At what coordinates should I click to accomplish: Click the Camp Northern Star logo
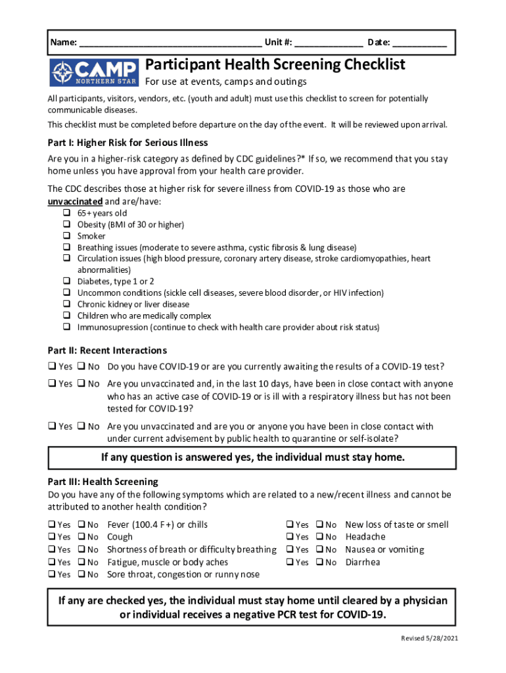94,72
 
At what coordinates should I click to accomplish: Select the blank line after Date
420,44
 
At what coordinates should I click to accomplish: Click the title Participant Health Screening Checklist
275,65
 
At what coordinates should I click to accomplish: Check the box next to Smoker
67,236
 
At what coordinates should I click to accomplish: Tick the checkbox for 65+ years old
67,213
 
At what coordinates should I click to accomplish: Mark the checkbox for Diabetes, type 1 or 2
67,281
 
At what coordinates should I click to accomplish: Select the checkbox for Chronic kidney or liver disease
67,304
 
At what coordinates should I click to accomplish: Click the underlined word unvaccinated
75,201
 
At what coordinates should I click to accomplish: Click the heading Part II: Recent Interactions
107,350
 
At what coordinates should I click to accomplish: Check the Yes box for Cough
52,537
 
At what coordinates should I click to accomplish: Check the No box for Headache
319,537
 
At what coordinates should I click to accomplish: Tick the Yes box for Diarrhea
290,562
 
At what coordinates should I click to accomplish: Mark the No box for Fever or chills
81,524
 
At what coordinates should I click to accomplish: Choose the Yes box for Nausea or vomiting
290,549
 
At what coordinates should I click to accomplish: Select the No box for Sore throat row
81,574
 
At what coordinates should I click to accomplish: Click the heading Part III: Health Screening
103,482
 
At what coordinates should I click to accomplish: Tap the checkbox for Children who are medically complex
67,315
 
